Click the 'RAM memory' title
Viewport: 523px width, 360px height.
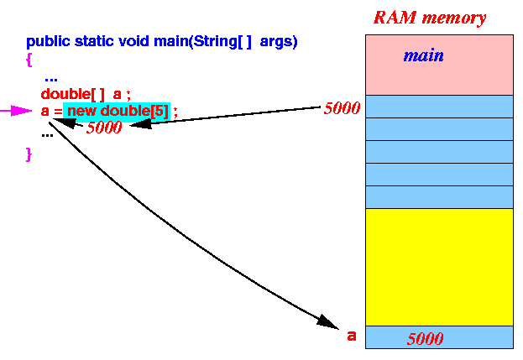(x=430, y=18)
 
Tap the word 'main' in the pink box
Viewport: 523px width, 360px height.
(x=424, y=55)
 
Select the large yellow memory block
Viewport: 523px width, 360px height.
(x=439, y=267)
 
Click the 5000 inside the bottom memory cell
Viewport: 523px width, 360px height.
(x=426, y=339)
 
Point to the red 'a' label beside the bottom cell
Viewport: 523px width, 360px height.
(x=352, y=336)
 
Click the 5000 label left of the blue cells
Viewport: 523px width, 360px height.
(x=343, y=108)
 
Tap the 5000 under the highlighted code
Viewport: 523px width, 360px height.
(x=104, y=128)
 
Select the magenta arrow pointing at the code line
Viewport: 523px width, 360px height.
(x=16, y=111)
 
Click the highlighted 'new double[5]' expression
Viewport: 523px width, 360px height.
(x=117, y=112)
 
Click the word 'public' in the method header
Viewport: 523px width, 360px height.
(x=48, y=42)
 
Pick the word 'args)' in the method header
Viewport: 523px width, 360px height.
(x=279, y=42)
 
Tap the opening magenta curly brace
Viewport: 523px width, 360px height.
(x=29, y=60)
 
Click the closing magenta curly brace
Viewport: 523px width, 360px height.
(x=29, y=154)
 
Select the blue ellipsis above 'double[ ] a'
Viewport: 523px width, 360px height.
(x=51, y=80)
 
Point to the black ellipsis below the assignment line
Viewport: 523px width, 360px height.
(x=47, y=135)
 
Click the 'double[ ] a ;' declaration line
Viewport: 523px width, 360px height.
(x=86, y=94)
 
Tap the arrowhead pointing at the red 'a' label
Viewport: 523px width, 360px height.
(x=328, y=322)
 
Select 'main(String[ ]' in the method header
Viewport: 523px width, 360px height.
(x=202, y=42)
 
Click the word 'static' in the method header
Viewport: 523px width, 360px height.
(x=94, y=41)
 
